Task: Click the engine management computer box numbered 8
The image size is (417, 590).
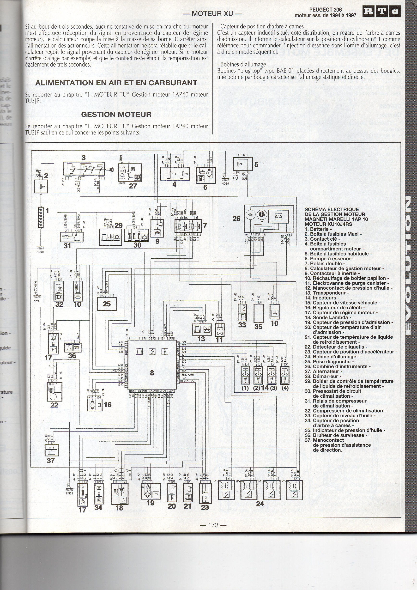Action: [152, 365]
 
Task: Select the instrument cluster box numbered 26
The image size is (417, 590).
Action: [266, 218]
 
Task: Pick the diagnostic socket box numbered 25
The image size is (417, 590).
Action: [107, 304]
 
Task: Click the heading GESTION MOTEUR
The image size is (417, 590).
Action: [116, 114]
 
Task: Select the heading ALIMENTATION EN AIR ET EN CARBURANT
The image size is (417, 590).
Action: [116, 83]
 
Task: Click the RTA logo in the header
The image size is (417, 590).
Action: [381, 12]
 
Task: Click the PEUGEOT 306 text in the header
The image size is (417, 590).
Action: [325, 10]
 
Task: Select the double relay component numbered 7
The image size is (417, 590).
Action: [188, 225]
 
